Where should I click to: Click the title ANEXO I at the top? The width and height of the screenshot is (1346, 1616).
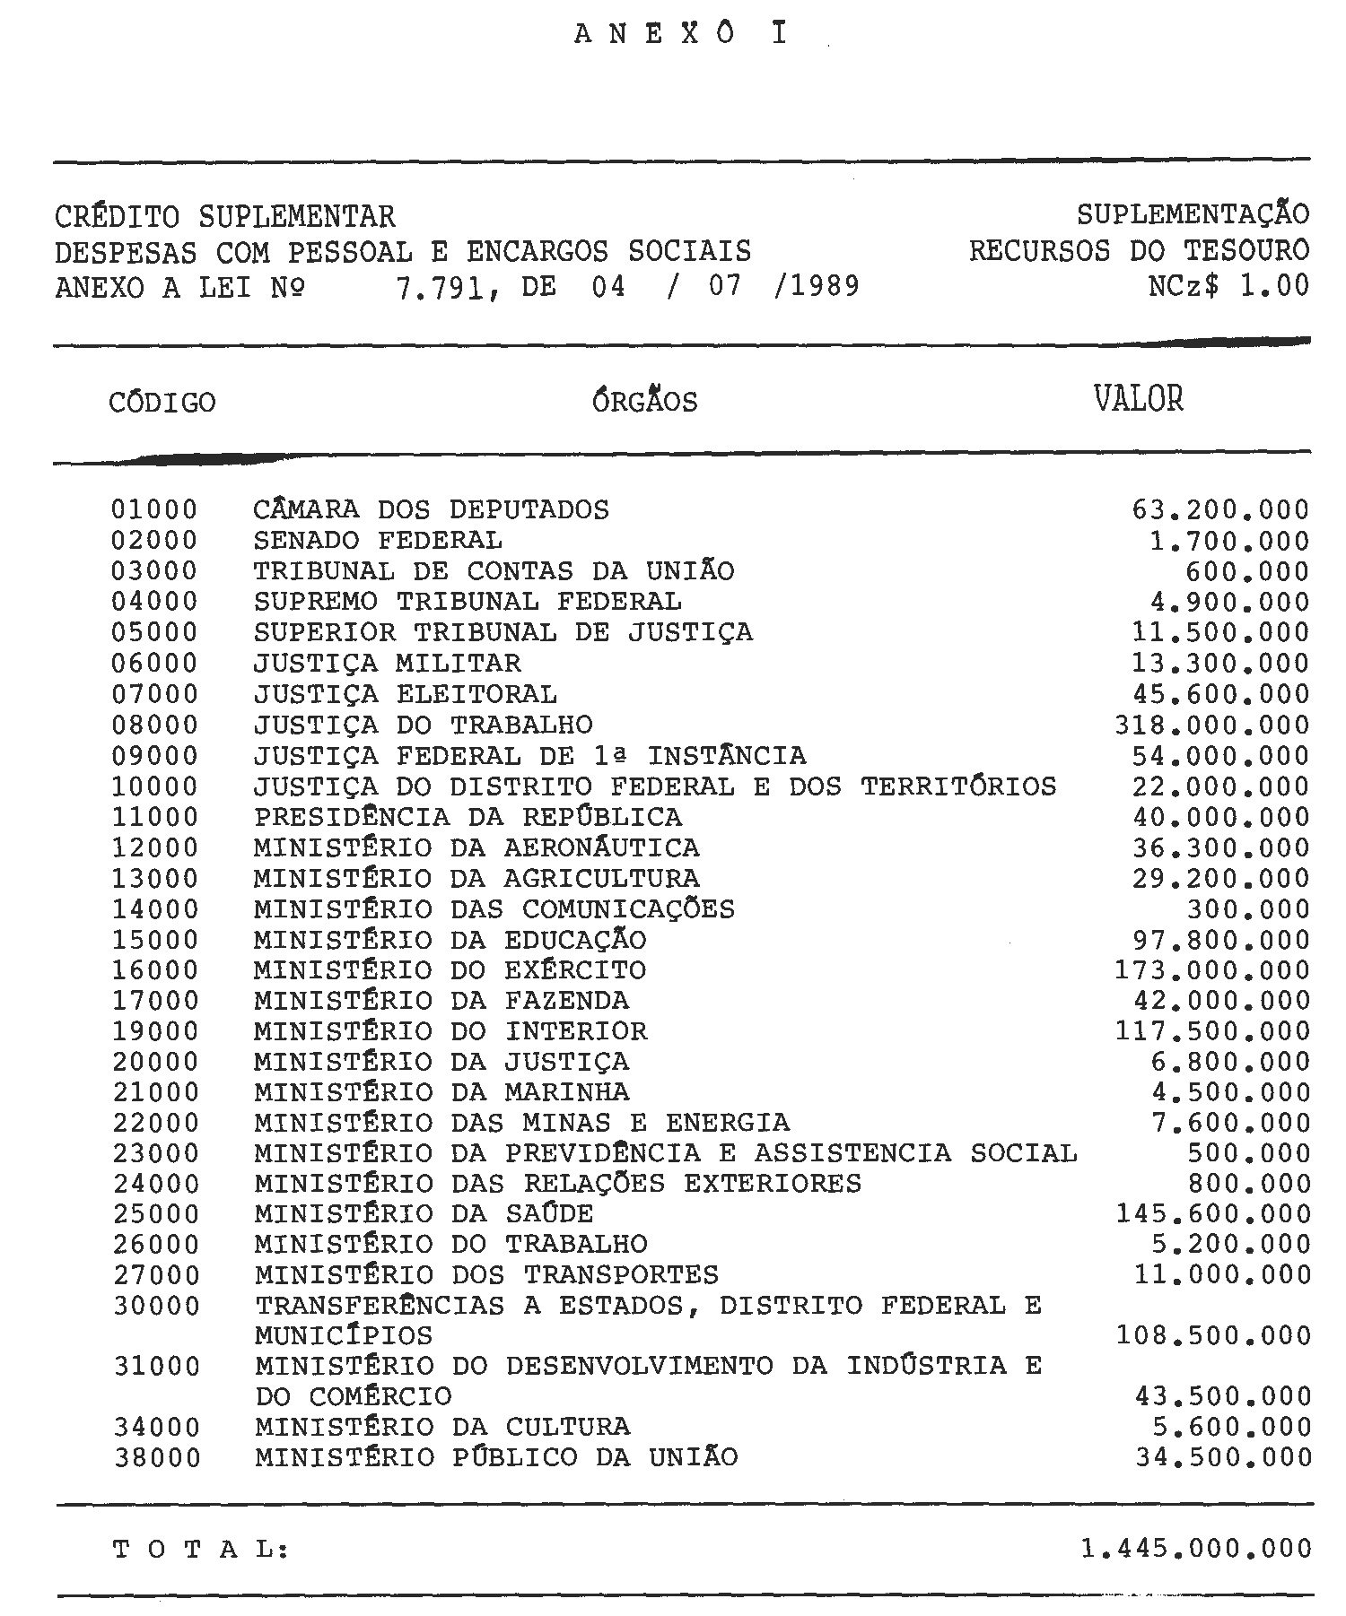click(x=680, y=34)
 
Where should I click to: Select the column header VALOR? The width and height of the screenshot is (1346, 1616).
click(x=1138, y=398)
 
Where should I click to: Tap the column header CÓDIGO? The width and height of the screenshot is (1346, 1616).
click(x=162, y=403)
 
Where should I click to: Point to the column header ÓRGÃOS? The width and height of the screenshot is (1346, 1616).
click(x=644, y=400)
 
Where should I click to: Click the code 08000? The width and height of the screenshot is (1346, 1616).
click(x=154, y=725)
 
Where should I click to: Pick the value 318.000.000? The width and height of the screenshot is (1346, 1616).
click(x=1211, y=725)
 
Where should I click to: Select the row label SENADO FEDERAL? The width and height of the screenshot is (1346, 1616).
click(x=378, y=541)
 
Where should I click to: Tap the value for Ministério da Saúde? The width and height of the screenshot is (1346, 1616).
click(x=1213, y=1214)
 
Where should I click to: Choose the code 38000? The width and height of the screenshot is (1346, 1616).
click(x=157, y=1458)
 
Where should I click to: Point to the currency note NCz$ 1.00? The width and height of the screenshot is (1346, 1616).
click(x=1228, y=286)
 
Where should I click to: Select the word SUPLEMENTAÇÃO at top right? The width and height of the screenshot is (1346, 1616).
click(x=1193, y=215)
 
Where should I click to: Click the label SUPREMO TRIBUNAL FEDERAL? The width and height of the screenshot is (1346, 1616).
click(x=468, y=602)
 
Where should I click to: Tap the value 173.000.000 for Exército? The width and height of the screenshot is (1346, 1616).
click(x=1211, y=970)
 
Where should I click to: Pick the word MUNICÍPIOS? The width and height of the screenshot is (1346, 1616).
click(x=344, y=1336)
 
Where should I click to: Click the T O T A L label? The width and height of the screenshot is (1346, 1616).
click(x=201, y=1550)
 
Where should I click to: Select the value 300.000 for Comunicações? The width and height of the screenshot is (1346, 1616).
click(x=1248, y=909)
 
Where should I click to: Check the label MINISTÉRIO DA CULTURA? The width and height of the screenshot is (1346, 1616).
click(x=442, y=1427)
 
